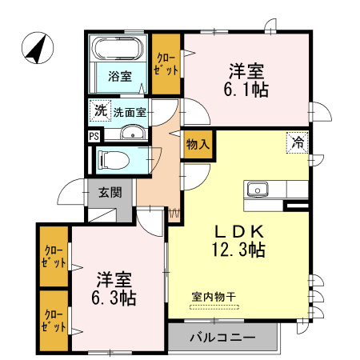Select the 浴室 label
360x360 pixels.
click(x=120, y=78)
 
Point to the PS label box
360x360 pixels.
click(x=94, y=136)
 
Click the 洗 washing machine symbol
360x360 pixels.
click(x=100, y=111)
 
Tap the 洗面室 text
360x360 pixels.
click(x=130, y=112)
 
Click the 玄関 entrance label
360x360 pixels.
click(x=110, y=192)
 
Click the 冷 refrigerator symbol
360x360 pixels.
click(x=297, y=143)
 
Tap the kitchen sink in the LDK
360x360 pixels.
click(x=258, y=190)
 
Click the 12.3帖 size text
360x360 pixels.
click(x=238, y=249)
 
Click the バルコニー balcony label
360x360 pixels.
click(x=223, y=338)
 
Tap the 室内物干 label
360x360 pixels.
click(x=214, y=297)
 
